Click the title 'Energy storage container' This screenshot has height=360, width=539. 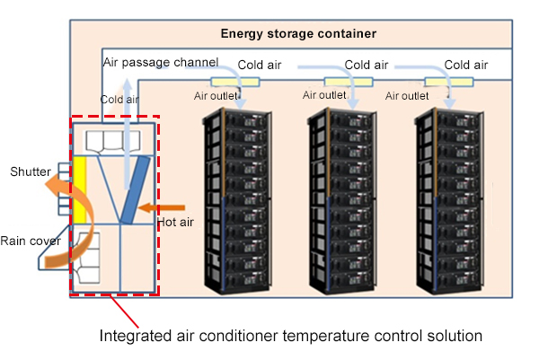point(297,34)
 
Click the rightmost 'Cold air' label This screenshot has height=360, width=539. point(466,65)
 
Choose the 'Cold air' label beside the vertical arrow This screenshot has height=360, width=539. point(119,100)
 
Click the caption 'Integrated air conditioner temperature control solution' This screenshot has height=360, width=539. point(291,335)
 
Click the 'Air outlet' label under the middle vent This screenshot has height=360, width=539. point(323,94)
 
